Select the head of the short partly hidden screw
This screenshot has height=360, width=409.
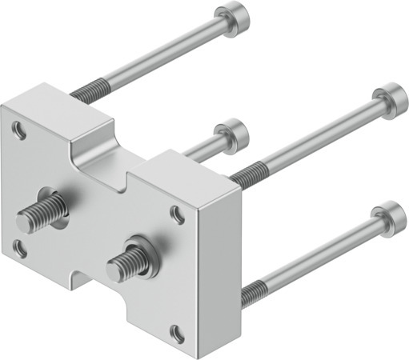point(233,129)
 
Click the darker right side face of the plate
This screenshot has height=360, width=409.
point(218,264)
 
